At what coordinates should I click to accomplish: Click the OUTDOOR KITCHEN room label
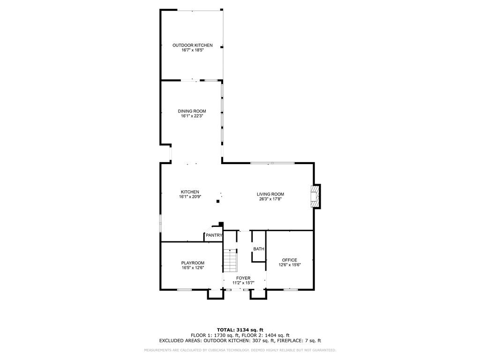pos(192,45)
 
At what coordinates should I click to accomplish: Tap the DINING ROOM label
pos(192,111)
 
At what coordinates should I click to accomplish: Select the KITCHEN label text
pos(190,192)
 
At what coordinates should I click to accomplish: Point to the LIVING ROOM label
pos(270,194)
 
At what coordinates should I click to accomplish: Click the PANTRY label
pos(214,235)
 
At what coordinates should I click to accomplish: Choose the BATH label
pos(259,249)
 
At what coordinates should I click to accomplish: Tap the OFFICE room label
pos(290,260)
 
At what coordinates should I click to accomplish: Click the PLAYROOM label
pos(193,262)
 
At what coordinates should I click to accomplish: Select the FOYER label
pos(243,278)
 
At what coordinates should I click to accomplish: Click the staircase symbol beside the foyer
pos(230,261)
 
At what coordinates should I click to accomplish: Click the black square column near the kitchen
pos(218,202)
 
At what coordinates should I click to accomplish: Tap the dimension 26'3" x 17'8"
pos(270,199)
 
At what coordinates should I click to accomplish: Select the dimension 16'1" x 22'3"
pos(192,116)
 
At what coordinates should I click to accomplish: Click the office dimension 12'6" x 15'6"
pos(290,265)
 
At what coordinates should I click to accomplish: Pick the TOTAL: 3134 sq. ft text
pos(240,330)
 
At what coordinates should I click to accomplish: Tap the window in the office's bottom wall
pos(291,289)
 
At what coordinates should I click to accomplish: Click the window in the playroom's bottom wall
pos(184,289)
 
